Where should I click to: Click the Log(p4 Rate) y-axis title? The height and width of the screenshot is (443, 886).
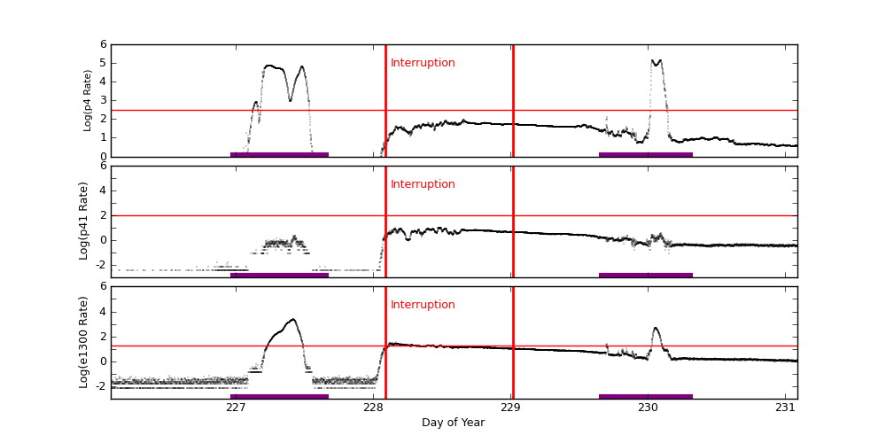88,100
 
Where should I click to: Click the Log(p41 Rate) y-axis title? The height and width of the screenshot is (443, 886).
83,221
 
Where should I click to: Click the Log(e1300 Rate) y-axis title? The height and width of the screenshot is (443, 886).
83,342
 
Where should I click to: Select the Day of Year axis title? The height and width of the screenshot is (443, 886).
453,423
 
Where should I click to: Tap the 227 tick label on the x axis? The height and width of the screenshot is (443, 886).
236,408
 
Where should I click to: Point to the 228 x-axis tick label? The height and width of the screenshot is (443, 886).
373,408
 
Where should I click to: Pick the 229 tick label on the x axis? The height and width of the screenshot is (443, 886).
511,408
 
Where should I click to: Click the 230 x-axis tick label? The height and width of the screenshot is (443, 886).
649,408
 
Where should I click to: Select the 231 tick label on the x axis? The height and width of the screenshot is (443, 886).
786,408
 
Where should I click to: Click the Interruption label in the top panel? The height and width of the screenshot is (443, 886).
423,63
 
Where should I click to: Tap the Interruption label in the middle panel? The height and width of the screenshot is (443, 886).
423,184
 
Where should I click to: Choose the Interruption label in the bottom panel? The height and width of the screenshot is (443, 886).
423,305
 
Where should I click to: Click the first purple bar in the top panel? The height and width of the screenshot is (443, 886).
279,154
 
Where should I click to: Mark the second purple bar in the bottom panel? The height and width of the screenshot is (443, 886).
645,396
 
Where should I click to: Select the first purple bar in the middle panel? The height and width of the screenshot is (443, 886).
279,275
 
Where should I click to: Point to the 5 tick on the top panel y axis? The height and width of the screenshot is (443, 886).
103,63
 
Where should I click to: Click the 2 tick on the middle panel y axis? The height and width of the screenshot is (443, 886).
103,215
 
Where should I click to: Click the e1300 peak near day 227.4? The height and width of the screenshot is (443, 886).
292,320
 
